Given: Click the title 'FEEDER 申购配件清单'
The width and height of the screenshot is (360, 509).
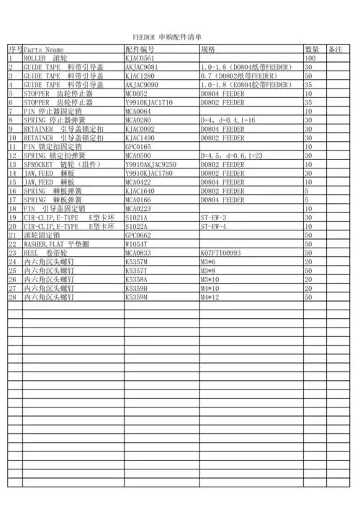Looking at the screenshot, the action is [167, 35].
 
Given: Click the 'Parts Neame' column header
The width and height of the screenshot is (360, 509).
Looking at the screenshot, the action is [44, 50].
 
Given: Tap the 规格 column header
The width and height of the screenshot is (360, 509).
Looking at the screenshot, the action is [208, 50].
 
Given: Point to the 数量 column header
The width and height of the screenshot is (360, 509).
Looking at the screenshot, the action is [312, 50].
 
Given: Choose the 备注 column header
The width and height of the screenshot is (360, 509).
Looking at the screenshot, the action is [335, 50].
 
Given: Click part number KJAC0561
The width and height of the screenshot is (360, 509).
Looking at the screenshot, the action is [140, 58].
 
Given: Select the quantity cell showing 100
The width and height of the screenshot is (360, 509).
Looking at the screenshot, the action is [311, 58].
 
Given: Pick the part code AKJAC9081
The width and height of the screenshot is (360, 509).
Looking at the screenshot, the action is [141, 66].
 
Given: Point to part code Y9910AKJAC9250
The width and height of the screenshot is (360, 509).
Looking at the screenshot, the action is [150, 164].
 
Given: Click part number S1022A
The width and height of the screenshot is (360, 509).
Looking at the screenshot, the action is [136, 227].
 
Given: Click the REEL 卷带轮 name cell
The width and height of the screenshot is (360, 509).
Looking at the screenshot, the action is [48, 253].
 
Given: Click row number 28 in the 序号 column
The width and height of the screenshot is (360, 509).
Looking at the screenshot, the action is [12, 297].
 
